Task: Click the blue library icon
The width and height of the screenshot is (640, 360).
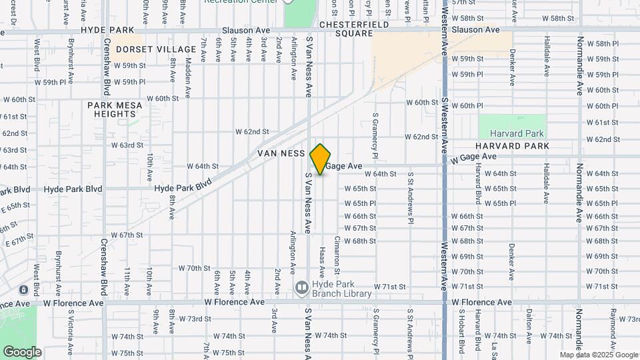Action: (x=302, y=288)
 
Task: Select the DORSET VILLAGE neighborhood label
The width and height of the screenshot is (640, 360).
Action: (x=149, y=49)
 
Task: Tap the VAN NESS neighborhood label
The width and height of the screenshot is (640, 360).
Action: (x=281, y=153)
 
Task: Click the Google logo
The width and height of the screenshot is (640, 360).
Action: (x=22, y=351)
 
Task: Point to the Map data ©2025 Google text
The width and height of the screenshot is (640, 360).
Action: (x=598, y=355)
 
